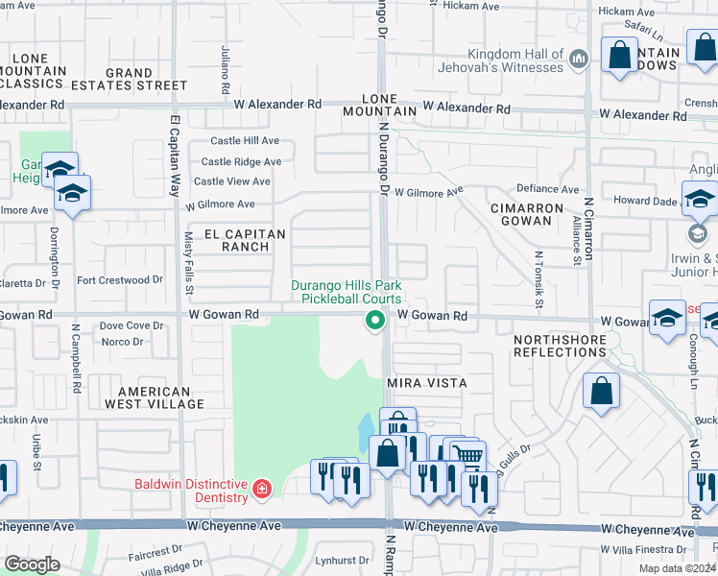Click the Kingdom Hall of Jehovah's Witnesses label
tap(515, 60)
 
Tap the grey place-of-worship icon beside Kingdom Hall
tap(578, 61)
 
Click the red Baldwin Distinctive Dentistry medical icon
tap(262, 491)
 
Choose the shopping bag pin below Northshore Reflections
tap(601, 392)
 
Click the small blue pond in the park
tap(366, 431)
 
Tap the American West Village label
tap(160, 397)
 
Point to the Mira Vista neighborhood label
tap(426, 383)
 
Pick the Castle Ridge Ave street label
tap(241, 162)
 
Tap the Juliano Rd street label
tap(226, 69)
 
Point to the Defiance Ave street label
tap(548, 189)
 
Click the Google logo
tap(32, 564)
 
